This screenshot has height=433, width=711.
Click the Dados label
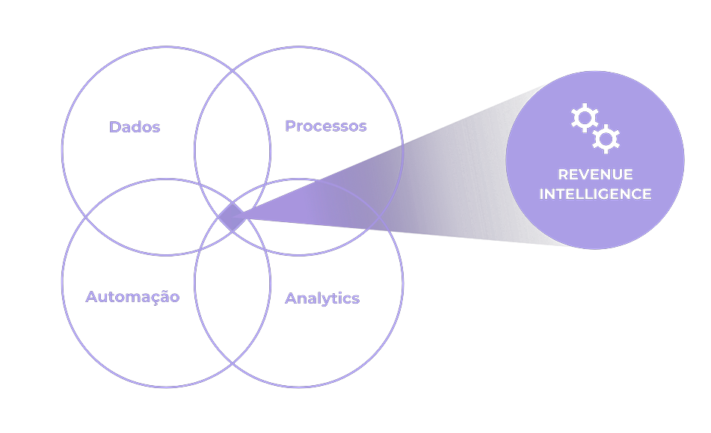tap(135, 126)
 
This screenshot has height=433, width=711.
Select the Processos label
tap(326, 126)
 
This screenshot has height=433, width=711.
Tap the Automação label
tap(132, 297)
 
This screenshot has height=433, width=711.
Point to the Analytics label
tap(322, 298)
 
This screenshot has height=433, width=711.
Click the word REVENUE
tap(595, 174)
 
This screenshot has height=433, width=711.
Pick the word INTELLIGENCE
tap(595, 194)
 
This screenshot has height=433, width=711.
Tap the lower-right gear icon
tap(606, 139)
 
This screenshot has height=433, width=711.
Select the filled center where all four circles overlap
tap(231, 218)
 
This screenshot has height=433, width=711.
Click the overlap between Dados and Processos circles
tap(233, 135)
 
